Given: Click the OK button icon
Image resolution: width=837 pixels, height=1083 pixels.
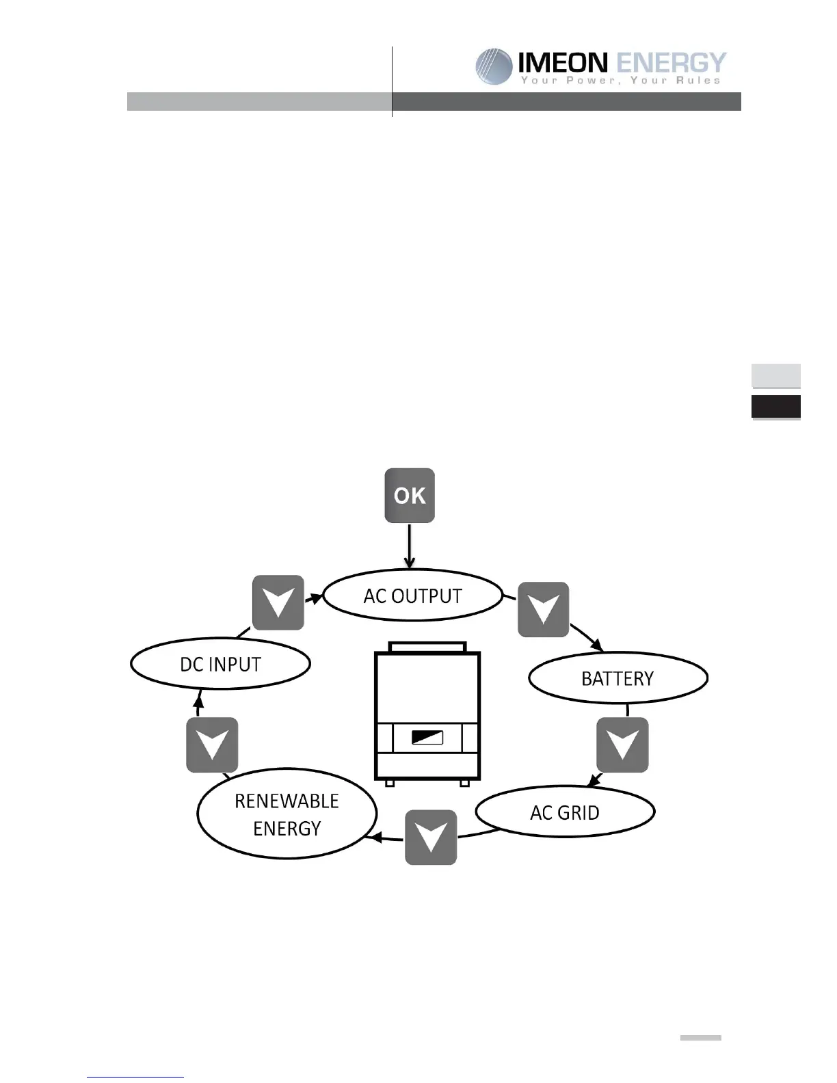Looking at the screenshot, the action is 410,496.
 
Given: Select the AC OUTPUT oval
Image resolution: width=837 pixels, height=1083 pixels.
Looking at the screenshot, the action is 412,596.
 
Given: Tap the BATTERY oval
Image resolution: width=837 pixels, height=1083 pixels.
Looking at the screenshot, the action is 618,678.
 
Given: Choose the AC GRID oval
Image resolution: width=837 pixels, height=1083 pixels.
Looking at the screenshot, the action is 565,812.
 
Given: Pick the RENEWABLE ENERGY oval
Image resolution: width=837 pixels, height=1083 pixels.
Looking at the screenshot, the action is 287,814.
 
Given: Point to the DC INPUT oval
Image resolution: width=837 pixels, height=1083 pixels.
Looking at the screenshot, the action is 220,664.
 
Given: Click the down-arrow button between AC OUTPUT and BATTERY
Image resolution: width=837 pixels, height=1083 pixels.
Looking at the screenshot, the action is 544,609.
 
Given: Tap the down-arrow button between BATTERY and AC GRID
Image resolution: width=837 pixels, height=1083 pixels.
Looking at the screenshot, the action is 622,745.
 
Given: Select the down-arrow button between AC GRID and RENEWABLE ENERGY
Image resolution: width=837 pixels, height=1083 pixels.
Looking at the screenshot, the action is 431,837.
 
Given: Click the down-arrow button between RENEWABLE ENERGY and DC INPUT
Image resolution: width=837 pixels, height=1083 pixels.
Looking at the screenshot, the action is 212,745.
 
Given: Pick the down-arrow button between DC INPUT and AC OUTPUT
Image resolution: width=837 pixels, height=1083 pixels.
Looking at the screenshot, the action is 278,602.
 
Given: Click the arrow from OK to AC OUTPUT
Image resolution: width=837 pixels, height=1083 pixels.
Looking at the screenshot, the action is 410,546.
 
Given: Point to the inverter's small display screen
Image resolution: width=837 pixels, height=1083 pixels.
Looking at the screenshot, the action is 427,738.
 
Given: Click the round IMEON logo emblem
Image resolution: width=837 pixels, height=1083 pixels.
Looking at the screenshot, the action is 494,66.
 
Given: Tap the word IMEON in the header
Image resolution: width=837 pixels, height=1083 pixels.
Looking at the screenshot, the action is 562,63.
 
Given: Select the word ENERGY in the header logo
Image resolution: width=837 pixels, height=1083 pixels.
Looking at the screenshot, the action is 670,63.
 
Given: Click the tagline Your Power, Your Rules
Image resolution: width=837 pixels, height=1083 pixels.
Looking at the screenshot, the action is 620,81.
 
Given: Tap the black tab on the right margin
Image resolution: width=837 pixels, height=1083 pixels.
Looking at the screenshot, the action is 776,407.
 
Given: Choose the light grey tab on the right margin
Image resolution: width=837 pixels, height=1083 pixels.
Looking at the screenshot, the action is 776,375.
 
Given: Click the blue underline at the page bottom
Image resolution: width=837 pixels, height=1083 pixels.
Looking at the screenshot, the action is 135,1077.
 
